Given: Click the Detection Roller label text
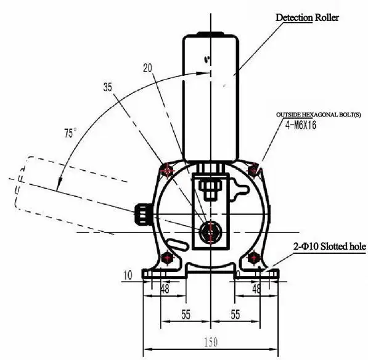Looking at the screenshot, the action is tap(307, 18).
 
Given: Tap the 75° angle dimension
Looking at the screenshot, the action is tap(70, 133).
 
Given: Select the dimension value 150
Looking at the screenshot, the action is tap(211, 342).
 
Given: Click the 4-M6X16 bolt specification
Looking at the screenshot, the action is tap(301, 125).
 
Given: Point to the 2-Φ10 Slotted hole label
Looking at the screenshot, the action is tap(330, 247).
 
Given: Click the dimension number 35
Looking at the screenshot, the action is tap(108, 88).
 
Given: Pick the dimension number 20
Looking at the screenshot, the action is tap(147, 68).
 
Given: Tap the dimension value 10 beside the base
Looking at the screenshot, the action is tap(128, 276).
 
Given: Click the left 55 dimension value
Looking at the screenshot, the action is tap(186, 314).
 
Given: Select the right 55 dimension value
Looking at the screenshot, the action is tap(235, 314).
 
